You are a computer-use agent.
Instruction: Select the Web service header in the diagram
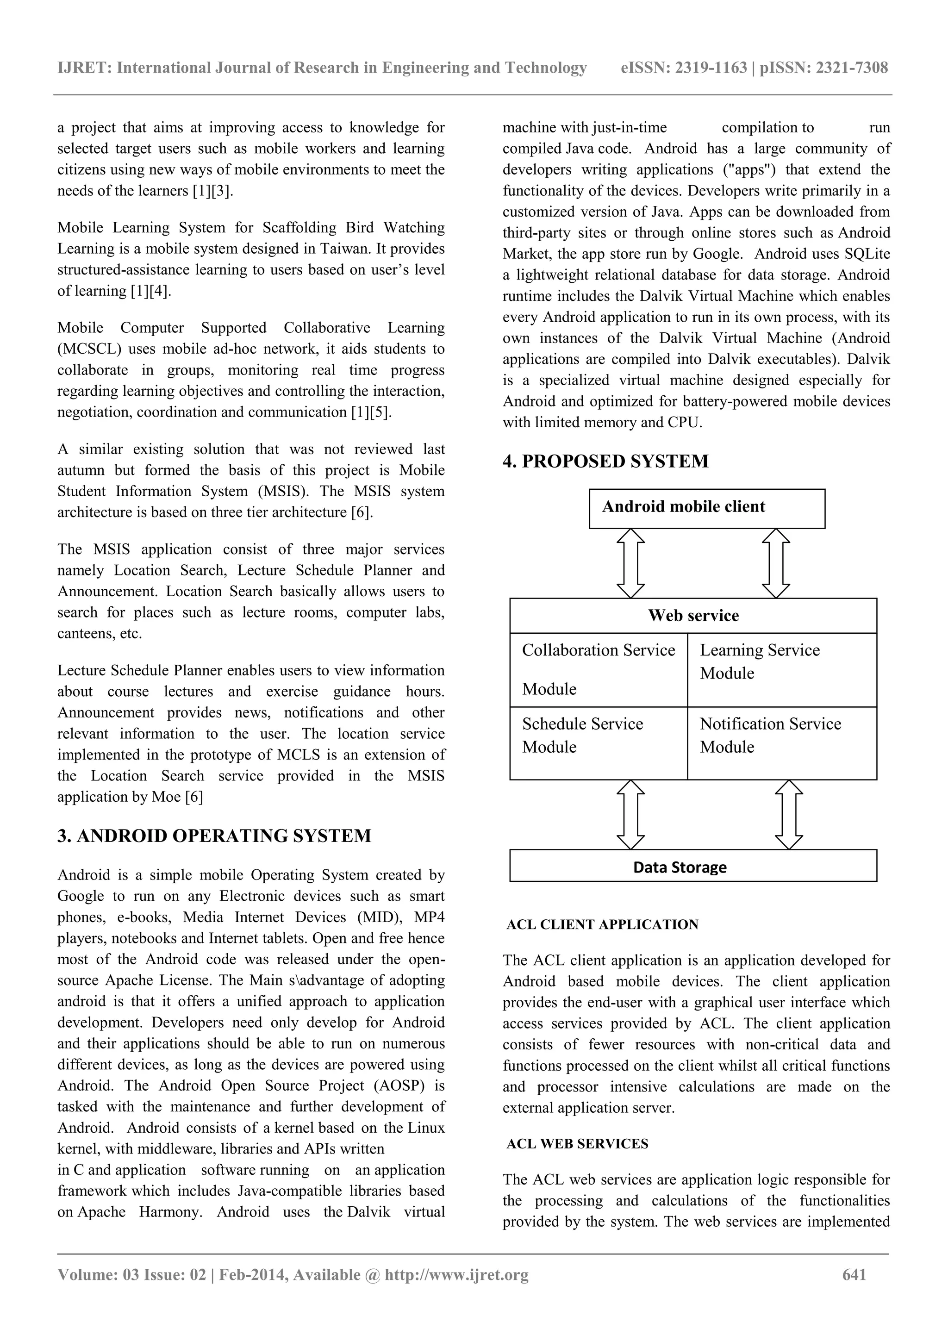pyautogui.click(x=693, y=616)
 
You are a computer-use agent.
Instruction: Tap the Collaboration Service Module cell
pyautogui.click(x=598, y=669)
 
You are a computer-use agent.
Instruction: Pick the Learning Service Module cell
pyautogui.click(x=781, y=669)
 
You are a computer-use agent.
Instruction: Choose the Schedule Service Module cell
pyautogui.click(x=598, y=742)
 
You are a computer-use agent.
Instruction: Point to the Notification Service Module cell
pyautogui.click(x=781, y=742)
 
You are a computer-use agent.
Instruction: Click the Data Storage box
pyautogui.click(x=693, y=867)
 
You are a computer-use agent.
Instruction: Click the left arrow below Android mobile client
pyautogui.click(x=631, y=563)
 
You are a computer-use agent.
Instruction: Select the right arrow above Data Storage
pyautogui.click(x=789, y=814)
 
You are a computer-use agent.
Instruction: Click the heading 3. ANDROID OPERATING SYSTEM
pyautogui.click(x=214, y=836)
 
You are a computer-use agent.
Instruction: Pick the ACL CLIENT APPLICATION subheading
pyautogui.click(x=602, y=924)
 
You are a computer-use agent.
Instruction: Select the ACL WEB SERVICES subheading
pyautogui.click(x=577, y=1144)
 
